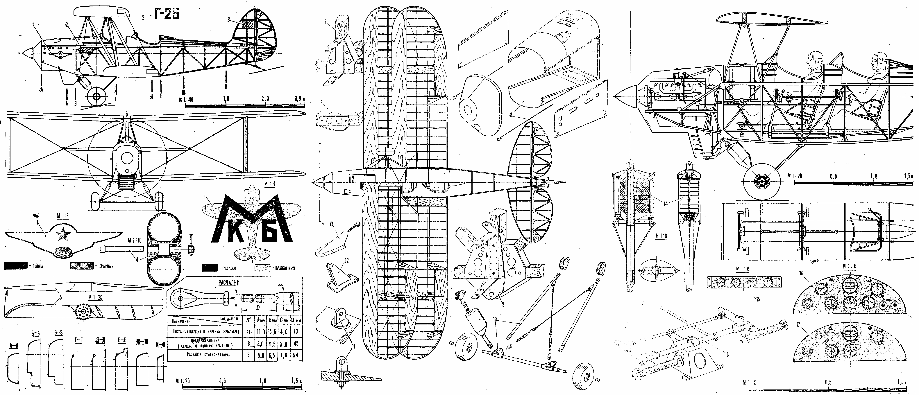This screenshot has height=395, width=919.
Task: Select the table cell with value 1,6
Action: pyautogui.click(x=284, y=355)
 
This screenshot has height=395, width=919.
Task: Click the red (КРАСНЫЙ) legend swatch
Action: pyautogui.click(x=81, y=266)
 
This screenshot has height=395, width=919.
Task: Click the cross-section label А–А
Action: pyautogui.click(x=14, y=345)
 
